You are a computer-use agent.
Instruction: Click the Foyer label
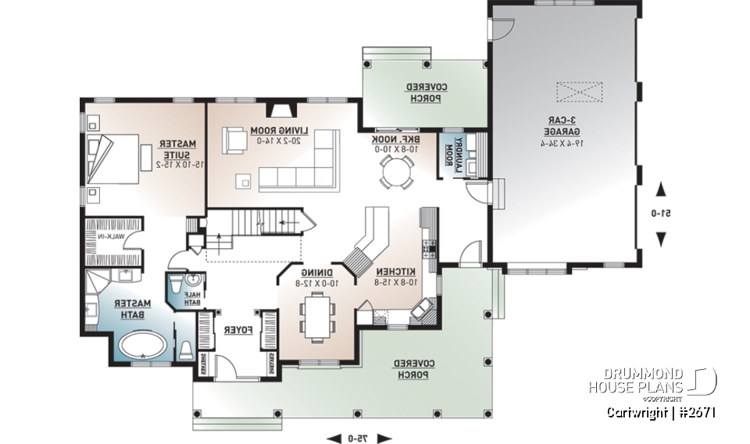237,331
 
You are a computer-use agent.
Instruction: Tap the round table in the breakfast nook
397,172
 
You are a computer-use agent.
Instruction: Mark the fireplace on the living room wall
279,110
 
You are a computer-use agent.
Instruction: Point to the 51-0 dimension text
661,213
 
